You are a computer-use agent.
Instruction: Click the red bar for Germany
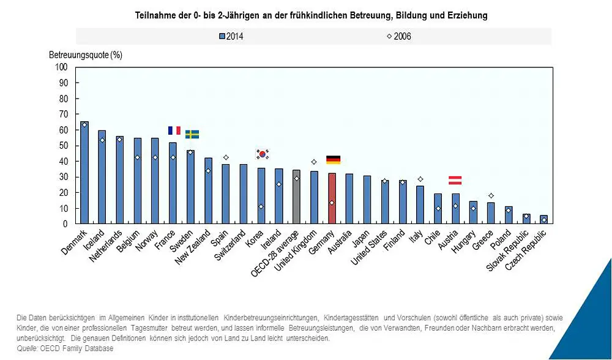332,198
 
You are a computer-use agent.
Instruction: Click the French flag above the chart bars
174,130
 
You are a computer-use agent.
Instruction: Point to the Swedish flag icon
192,135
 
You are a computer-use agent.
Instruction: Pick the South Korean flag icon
262,154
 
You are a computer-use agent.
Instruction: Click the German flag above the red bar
333,160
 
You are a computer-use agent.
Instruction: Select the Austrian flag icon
455,180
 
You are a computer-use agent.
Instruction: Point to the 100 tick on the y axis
61,67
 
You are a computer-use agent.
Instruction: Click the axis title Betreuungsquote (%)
86,54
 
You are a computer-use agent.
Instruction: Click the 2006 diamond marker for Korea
261,207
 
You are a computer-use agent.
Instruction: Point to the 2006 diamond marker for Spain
226,157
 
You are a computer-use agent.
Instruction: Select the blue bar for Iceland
102,177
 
